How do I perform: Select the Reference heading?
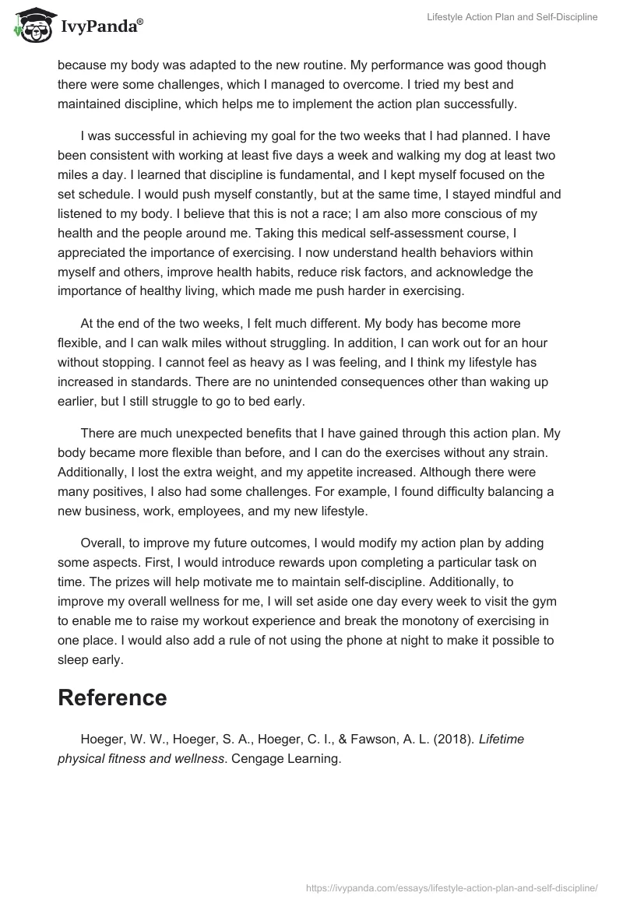112,697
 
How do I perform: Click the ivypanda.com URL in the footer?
451,887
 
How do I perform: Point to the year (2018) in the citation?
452,739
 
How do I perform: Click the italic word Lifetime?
502,739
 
